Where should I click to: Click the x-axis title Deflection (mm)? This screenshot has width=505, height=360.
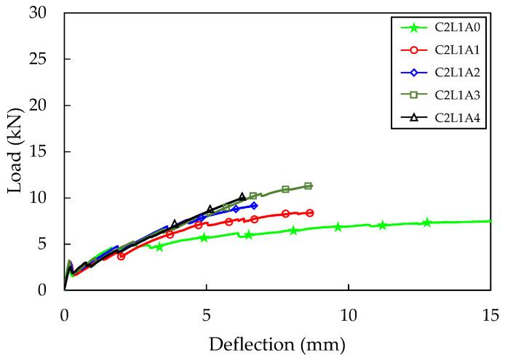click(277, 343)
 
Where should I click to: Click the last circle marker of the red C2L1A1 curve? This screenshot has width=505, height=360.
click(310, 213)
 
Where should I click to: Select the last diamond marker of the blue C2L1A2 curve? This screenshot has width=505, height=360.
click(253, 206)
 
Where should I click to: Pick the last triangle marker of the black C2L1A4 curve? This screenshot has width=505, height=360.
click(242, 196)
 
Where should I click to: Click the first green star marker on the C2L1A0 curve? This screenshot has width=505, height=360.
click(159, 247)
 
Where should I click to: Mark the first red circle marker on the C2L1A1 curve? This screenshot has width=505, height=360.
click(121, 256)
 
